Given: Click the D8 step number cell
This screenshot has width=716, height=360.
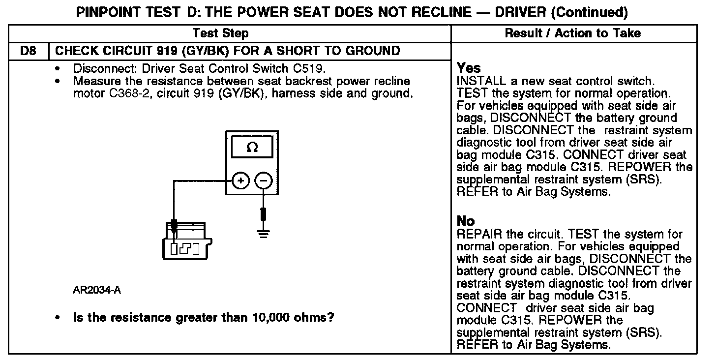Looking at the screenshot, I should click(x=29, y=51).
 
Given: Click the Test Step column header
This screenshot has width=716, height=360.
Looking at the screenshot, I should click(x=220, y=33).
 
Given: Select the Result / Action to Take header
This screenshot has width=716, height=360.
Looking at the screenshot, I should click(x=573, y=33).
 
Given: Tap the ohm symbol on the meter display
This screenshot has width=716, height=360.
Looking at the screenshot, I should click(x=252, y=147).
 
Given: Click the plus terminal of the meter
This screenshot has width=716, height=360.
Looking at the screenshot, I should click(x=241, y=181).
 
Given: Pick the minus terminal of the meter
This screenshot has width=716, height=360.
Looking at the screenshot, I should click(x=264, y=181).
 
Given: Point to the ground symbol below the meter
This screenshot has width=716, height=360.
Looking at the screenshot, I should click(x=264, y=232).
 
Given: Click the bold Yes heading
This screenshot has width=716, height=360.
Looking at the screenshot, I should click(x=469, y=68).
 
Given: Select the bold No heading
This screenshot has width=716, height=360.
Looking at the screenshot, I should click(x=466, y=221).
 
